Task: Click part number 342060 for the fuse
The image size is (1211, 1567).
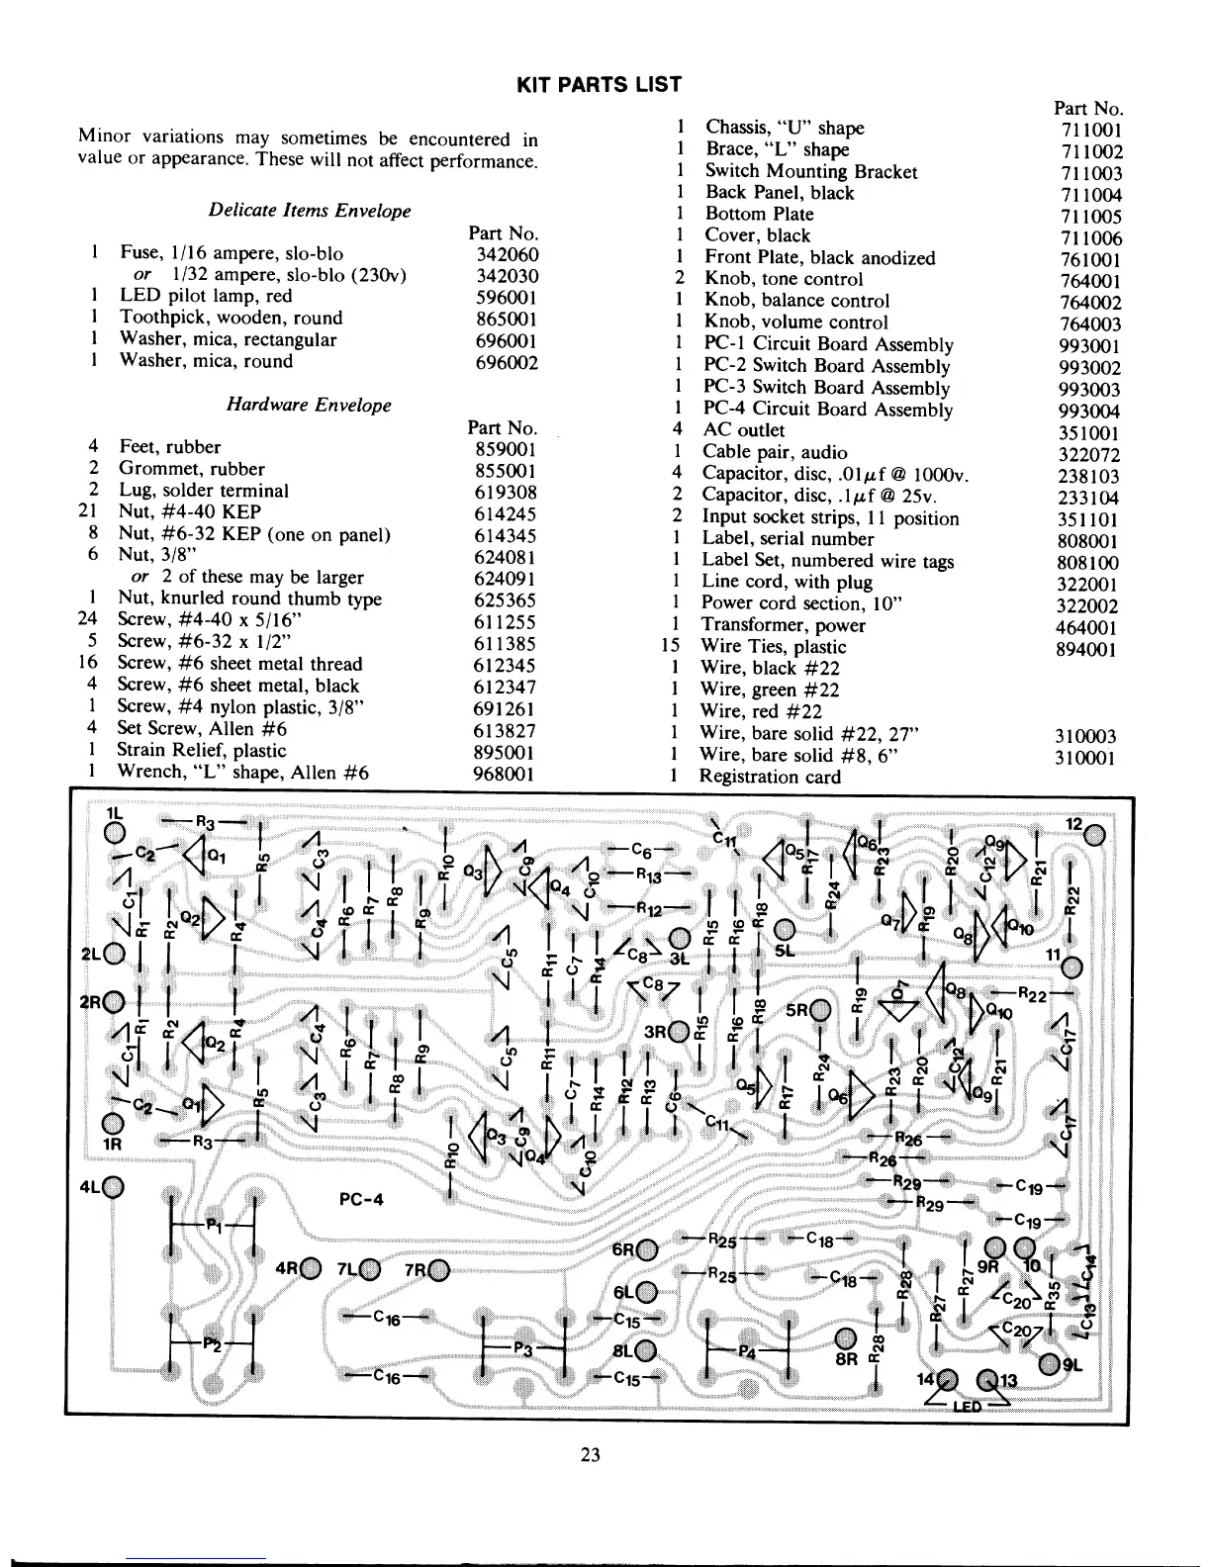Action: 507,254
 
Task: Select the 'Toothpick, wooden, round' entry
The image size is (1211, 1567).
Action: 231,318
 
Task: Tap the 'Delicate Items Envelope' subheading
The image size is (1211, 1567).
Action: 309,210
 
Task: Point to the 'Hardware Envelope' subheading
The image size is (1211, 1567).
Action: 309,405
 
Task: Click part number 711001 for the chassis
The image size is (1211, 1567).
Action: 1090,130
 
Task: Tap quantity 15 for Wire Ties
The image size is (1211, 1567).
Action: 671,647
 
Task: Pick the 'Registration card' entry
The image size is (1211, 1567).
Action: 769,777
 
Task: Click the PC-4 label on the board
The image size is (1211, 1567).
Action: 361,1199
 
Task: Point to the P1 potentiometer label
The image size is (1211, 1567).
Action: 214,1225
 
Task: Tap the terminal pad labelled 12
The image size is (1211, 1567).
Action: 1093,837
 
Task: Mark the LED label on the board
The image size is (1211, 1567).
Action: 966,1406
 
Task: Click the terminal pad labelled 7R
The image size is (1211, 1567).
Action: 438,1271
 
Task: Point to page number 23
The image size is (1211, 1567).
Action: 591,1454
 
